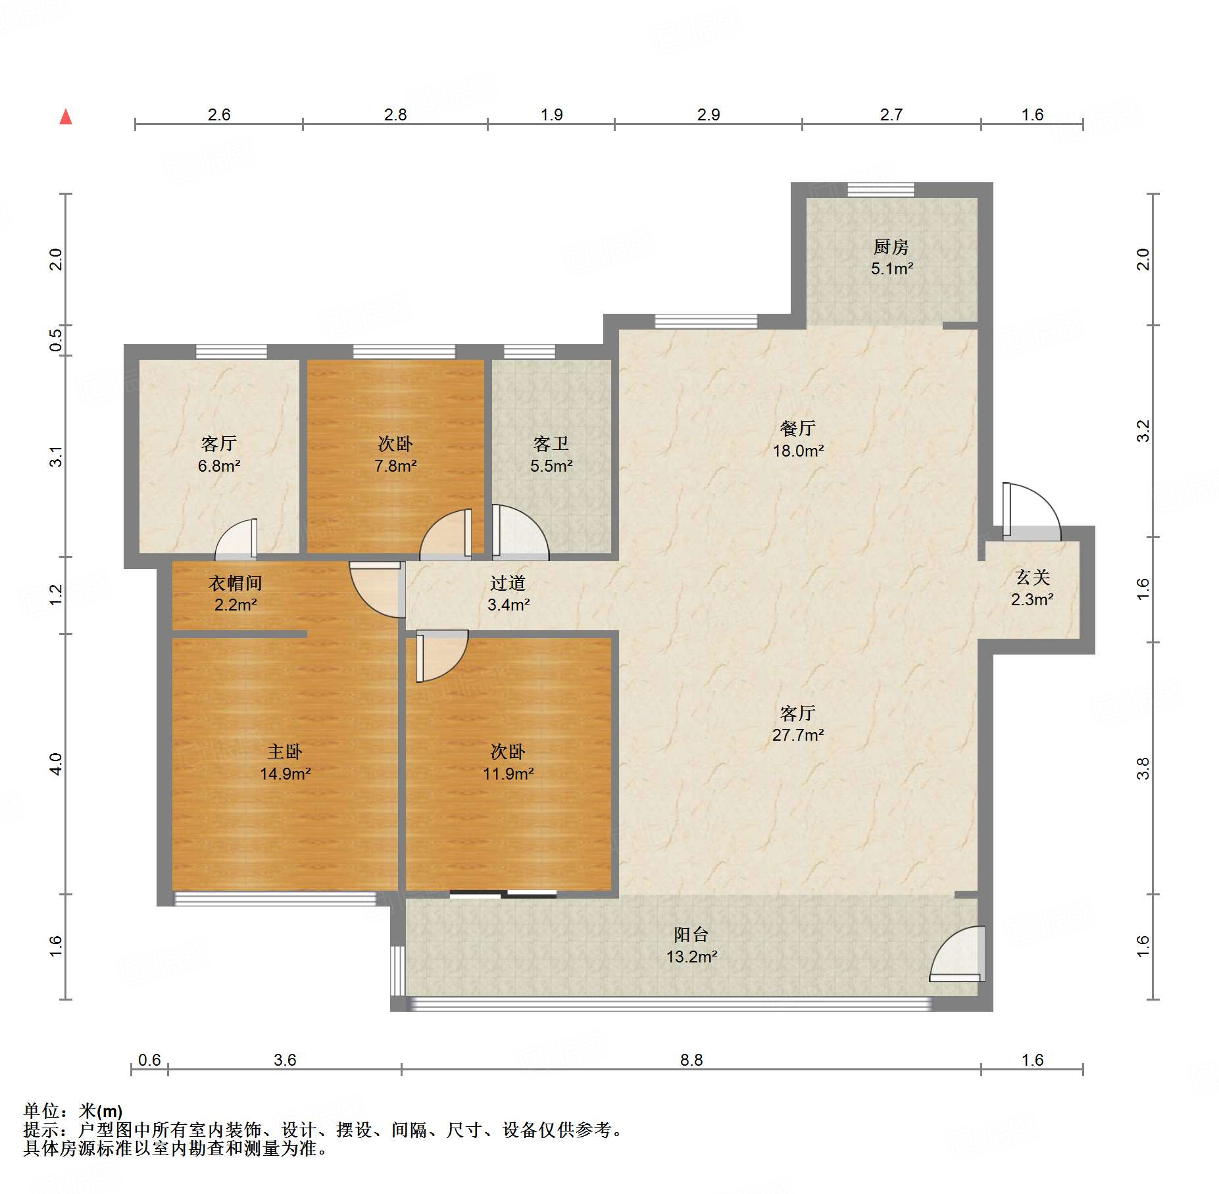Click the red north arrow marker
point(66,116)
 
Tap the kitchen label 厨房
point(891,247)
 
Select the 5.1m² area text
point(892,268)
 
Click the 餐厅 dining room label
point(798,428)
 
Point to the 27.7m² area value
point(798,735)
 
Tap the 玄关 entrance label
point(1032,577)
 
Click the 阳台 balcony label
point(691,934)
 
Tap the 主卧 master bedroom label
point(285,751)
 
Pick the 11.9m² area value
point(509,774)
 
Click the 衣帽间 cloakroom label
point(236,583)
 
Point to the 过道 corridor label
point(508,583)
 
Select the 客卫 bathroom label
point(551,443)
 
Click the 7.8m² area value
point(395,466)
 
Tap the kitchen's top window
point(880,189)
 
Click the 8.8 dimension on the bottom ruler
point(691,1060)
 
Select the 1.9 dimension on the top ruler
point(552,114)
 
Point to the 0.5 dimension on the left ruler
point(56,339)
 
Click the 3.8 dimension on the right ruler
point(1143,768)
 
